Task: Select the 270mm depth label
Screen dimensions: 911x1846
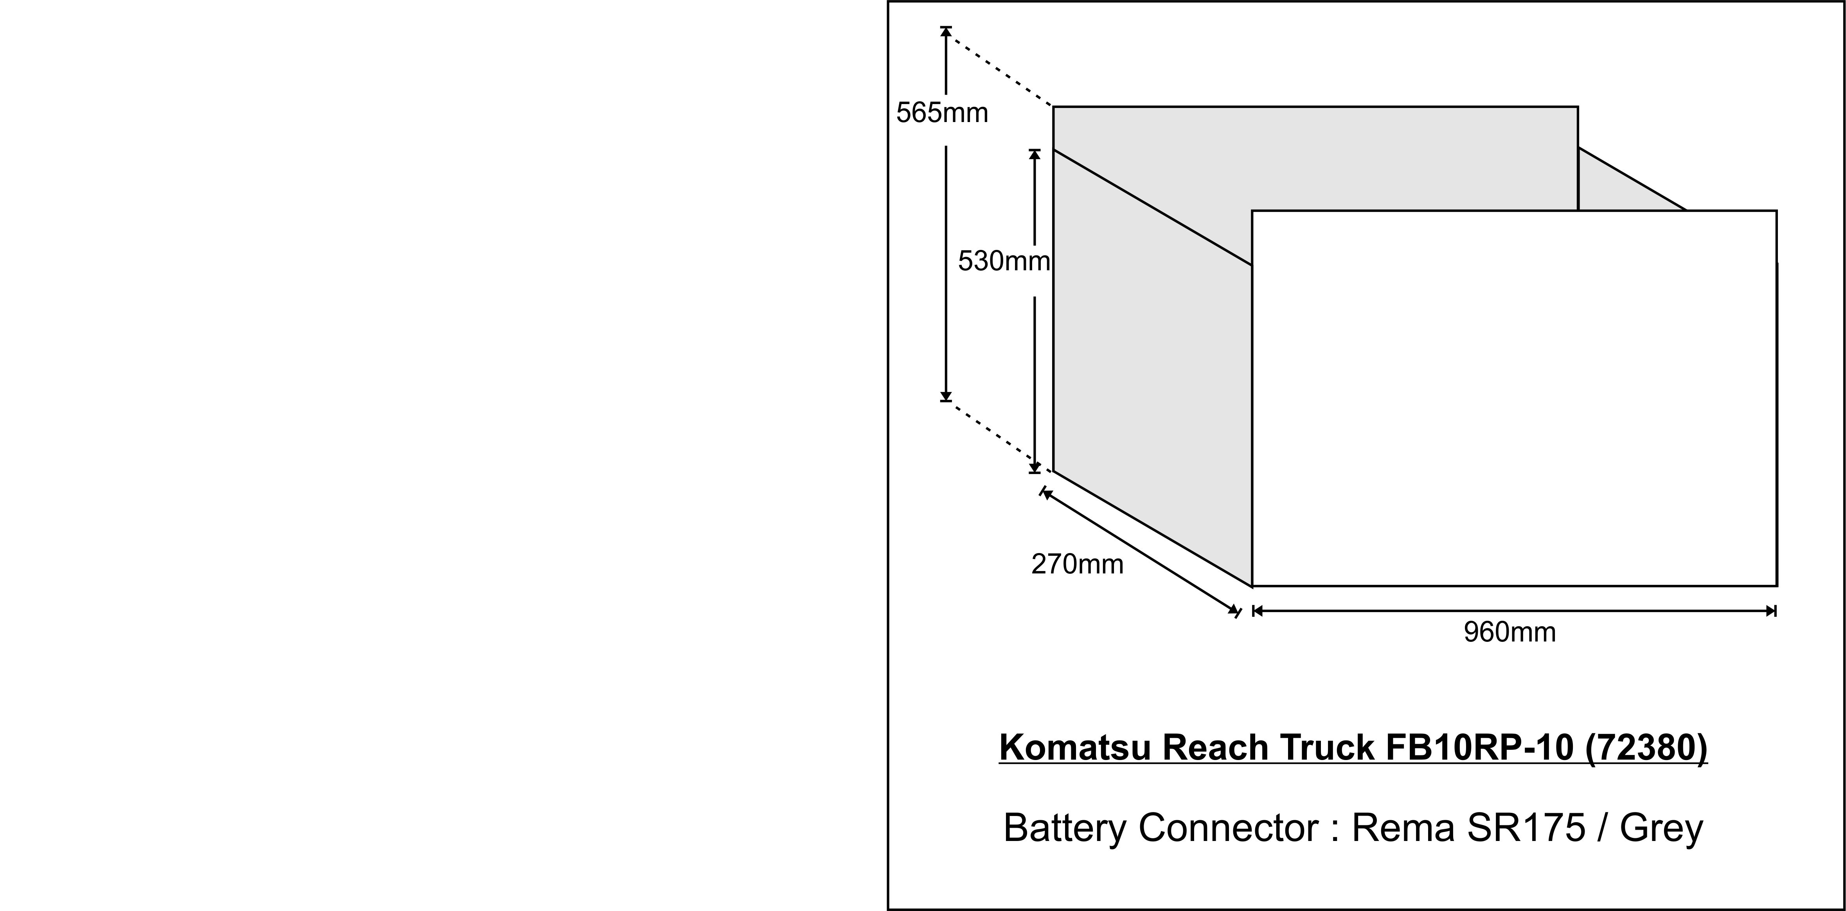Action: [1077, 564]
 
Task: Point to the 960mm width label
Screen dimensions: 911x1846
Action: [1509, 632]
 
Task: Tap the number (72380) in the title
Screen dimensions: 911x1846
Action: [1647, 747]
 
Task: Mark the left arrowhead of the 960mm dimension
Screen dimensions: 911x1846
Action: [1257, 611]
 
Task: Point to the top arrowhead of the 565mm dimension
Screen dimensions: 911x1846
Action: [946, 32]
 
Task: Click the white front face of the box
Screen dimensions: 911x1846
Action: [1513, 398]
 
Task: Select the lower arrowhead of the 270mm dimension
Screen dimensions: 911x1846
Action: [1234, 610]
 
